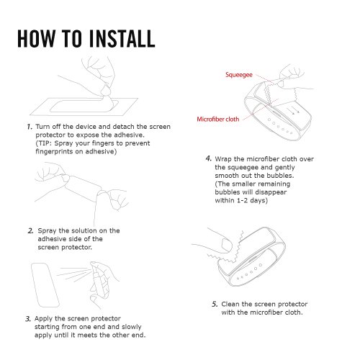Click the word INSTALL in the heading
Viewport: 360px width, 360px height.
coord(122,38)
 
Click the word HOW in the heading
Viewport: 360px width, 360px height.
coord(37,38)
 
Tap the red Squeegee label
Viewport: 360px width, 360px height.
coord(239,75)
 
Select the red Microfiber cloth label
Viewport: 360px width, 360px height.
coord(218,119)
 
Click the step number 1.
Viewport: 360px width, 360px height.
coord(30,127)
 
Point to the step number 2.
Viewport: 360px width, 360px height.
coord(30,231)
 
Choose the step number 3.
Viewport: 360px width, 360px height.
coord(28,319)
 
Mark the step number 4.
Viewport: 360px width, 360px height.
coord(209,158)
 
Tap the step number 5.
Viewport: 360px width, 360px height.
coord(215,305)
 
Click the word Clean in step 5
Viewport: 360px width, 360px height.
coord(230,304)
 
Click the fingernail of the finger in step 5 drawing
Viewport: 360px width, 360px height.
coord(227,245)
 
